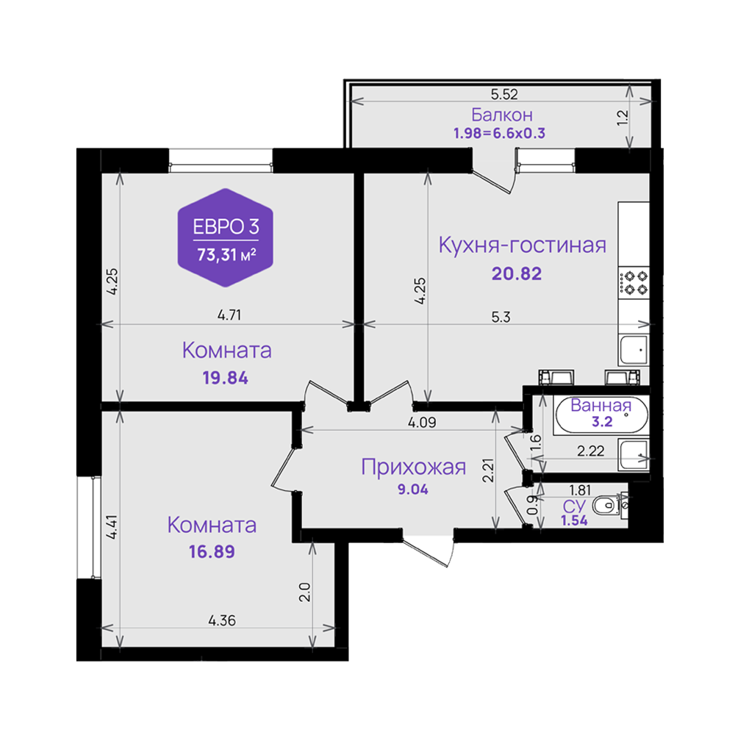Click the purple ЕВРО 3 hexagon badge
click(226, 237)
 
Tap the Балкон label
click(501, 115)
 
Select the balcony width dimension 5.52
click(504, 94)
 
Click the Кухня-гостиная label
click(522, 245)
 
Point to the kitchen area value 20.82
click(517, 273)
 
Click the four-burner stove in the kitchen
click(634, 283)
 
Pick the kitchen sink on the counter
click(634, 350)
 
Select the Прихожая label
click(413, 467)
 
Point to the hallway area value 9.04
click(413, 490)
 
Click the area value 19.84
click(226, 378)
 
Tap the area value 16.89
click(212, 552)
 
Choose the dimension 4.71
click(229, 315)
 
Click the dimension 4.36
click(222, 620)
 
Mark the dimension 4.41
click(112, 527)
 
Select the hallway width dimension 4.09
click(422, 423)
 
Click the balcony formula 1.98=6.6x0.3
click(500, 134)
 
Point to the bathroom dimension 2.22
click(591, 451)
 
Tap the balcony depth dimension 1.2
click(623, 118)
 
